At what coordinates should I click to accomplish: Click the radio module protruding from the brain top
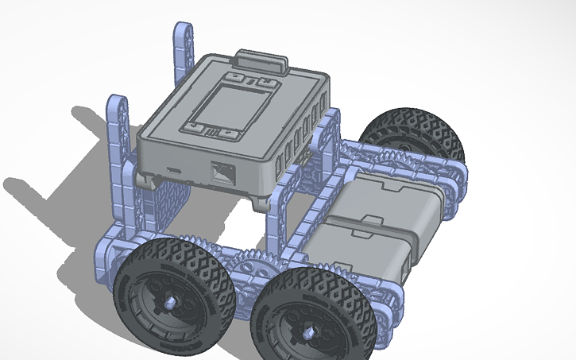261,61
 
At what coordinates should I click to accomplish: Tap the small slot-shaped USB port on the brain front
174,170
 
